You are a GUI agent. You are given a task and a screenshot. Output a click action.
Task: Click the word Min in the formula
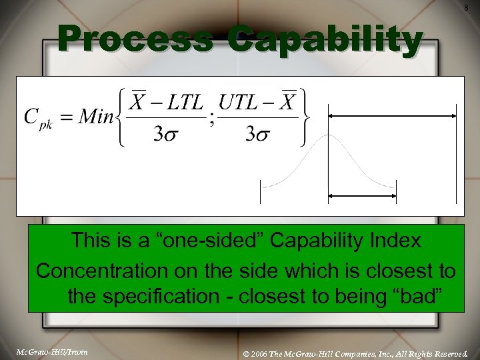96,118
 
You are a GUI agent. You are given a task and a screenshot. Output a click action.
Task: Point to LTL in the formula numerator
183,103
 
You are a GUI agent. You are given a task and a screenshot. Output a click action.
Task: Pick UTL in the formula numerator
240,103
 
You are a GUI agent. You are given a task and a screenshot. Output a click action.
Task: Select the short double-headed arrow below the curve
362,196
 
